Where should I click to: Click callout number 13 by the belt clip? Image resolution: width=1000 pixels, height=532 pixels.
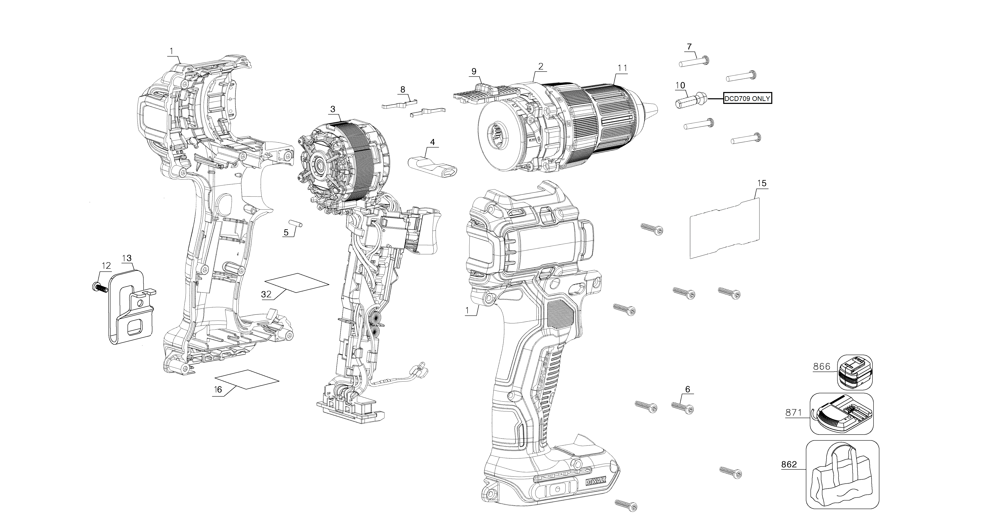tap(126, 258)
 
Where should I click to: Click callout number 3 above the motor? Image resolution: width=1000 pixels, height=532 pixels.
tap(333, 110)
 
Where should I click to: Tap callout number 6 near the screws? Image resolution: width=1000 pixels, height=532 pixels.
tap(688, 389)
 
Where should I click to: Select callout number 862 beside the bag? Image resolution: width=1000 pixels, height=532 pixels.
tap(789, 464)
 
